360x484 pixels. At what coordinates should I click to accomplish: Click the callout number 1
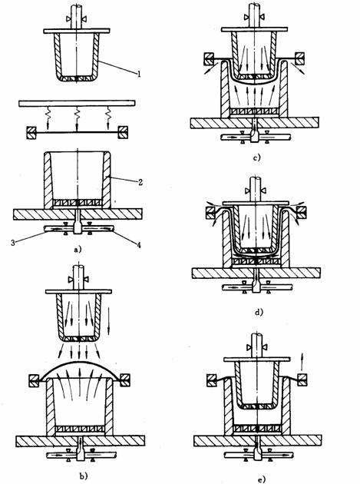click(x=139, y=74)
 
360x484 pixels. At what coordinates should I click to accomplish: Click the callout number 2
click(x=140, y=182)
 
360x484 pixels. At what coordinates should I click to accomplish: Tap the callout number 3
click(x=12, y=243)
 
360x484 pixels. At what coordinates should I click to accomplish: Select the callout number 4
click(x=139, y=245)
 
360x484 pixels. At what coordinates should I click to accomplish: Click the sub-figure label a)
click(x=78, y=249)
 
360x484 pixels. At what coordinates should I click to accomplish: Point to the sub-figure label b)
click(x=84, y=476)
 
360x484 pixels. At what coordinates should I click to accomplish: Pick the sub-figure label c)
click(x=256, y=157)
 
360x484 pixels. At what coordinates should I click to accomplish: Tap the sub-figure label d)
click(x=259, y=312)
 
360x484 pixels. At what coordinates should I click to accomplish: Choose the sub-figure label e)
click(x=261, y=479)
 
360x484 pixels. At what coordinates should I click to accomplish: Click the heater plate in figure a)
click(x=77, y=104)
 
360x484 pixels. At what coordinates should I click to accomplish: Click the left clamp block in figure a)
click(x=31, y=132)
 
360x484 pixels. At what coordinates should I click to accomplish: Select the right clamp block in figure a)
click(x=123, y=132)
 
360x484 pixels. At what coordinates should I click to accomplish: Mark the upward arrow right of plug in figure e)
click(x=302, y=360)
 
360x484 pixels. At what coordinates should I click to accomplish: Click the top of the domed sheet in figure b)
click(x=79, y=361)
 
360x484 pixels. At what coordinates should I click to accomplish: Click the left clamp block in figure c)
click(x=209, y=59)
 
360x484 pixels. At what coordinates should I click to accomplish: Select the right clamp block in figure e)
click(x=302, y=380)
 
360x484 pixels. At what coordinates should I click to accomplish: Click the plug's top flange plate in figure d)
click(x=256, y=203)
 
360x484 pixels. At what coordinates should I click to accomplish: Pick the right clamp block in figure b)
click(x=125, y=380)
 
